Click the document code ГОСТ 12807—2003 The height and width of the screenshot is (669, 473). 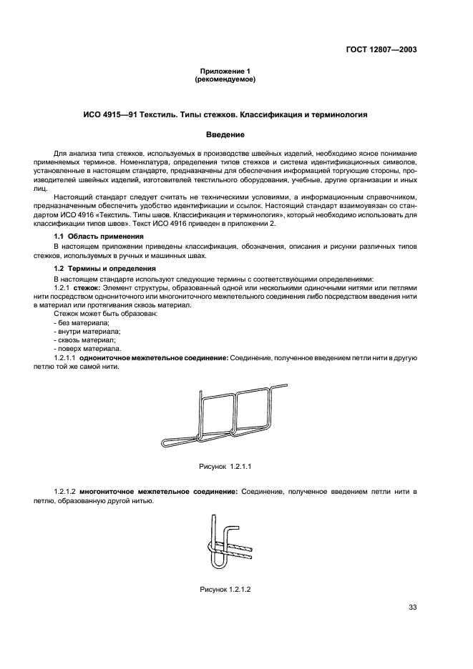[383, 50]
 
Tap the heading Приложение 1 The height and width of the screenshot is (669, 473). [225, 72]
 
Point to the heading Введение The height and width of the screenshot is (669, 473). [225, 134]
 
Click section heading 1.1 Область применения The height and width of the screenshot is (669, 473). [99, 236]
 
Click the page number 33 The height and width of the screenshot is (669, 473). [411, 608]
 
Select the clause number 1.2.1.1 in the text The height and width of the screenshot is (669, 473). [65, 357]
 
